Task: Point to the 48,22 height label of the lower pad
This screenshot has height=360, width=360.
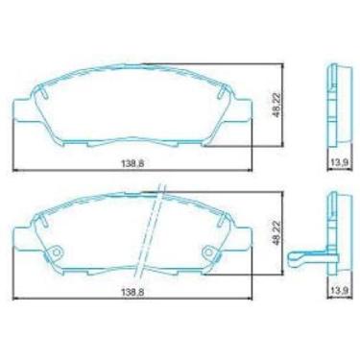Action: click(278, 231)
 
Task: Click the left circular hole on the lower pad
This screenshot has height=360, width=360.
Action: click(55, 254)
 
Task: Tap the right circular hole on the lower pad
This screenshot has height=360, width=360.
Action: click(206, 254)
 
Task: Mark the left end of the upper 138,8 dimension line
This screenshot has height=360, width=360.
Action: click(13, 172)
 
